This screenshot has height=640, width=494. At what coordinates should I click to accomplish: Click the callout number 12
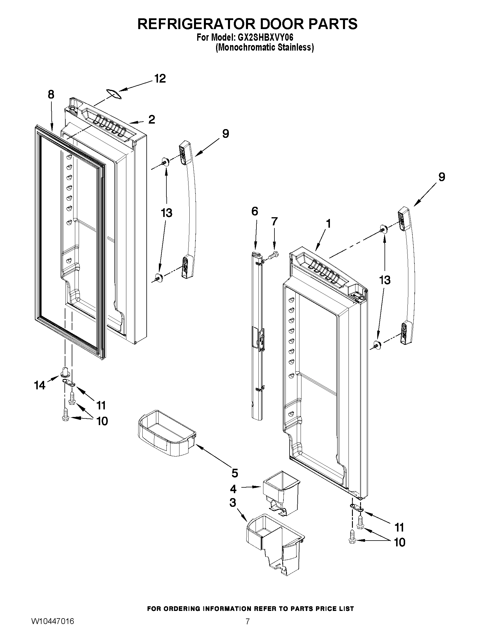(160, 79)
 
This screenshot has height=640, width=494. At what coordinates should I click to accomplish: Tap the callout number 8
(51, 95)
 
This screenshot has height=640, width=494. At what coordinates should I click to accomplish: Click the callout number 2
(151, 120)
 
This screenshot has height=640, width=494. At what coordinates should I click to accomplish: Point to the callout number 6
(255, 211)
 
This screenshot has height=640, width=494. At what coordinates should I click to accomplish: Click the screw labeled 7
(274, 254)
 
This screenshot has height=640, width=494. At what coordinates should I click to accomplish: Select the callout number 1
(328, 224)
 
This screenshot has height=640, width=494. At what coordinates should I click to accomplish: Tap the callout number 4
(233, 489)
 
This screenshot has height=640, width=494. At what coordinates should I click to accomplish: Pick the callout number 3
(233, 503)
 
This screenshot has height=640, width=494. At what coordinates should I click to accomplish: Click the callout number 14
(40, 385)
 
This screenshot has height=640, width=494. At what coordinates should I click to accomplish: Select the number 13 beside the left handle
(166, 213)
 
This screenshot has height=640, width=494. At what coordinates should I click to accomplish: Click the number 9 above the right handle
(442, 177)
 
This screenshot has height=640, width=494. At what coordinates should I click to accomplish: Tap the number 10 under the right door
(400, 542)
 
